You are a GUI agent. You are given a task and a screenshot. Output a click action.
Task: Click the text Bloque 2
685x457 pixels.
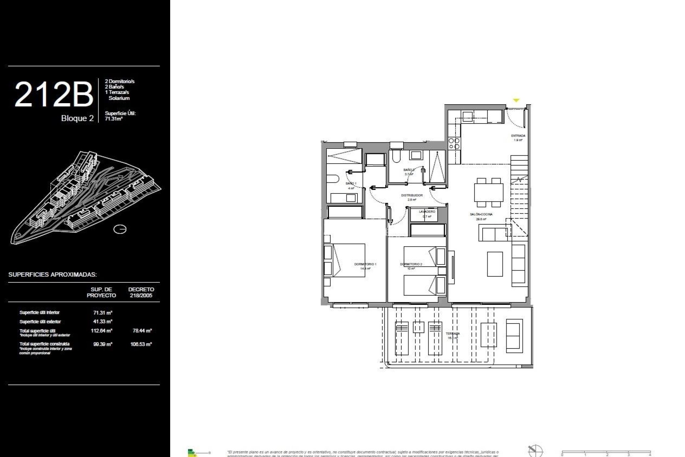point(77,119)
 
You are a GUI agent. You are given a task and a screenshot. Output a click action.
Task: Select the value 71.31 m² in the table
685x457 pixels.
point(103,313)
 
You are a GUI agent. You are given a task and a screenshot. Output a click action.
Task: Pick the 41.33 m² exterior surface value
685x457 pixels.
point(103,322)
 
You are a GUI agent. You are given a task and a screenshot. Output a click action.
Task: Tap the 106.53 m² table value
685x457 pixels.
point(141,345)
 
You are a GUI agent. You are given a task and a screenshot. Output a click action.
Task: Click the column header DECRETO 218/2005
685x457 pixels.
point(141,292)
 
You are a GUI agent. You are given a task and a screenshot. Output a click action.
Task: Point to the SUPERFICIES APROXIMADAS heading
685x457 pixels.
point(52,275)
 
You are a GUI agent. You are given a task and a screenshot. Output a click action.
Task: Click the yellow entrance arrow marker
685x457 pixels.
point(516,101)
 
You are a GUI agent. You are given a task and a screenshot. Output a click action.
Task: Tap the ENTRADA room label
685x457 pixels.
point(518,136)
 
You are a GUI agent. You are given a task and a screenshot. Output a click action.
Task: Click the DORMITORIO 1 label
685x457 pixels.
point(365,264)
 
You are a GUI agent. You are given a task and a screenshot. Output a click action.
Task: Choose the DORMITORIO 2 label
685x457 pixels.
point(411,264)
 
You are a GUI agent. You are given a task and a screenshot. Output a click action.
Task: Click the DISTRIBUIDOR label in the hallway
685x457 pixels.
point(412,196)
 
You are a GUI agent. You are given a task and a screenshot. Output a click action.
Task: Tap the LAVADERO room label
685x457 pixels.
point(427,212)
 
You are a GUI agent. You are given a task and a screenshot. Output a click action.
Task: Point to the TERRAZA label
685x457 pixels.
point(452,334)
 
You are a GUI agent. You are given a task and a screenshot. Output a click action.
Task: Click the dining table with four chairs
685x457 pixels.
point(488,193)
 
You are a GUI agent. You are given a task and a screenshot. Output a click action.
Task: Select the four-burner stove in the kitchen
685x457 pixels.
point(454,144)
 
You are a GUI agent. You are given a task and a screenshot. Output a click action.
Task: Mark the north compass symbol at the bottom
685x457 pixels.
point(535,451)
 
